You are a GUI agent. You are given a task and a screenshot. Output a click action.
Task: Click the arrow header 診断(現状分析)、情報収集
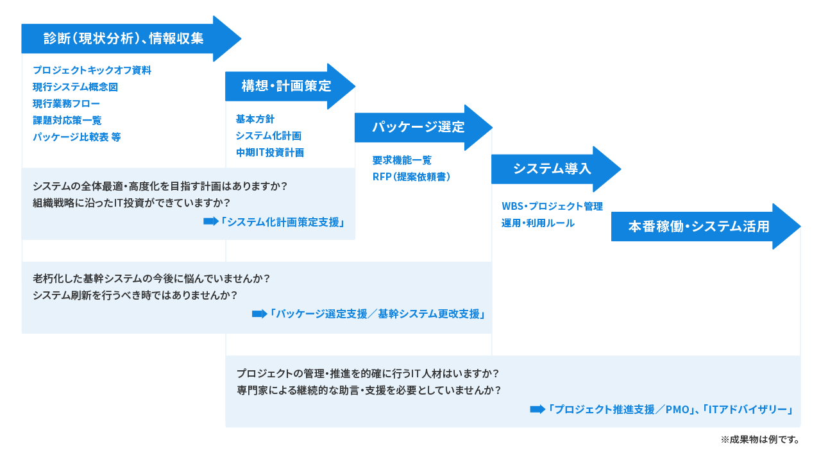coord(124,39)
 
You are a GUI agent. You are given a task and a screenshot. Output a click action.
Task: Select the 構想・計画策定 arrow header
coord(286,85)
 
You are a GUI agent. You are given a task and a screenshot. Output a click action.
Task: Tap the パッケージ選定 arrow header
coord(418,127)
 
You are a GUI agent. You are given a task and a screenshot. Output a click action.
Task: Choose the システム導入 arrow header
coord(552,169)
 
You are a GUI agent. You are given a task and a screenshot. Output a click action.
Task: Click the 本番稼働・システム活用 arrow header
coord(698,226)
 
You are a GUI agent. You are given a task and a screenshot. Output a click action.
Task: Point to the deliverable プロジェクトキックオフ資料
coord(92,70)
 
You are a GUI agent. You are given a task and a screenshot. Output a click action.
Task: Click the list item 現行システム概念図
coord(75,87)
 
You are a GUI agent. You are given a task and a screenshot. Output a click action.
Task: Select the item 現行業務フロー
coord(66,103)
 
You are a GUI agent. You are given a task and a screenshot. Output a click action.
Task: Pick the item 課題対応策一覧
coord(67,120)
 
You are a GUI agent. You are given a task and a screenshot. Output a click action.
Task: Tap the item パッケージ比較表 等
coord(76,137)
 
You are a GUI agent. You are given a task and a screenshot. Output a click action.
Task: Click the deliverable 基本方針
coord(255,119)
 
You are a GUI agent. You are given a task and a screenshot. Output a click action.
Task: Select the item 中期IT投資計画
coord(269,152)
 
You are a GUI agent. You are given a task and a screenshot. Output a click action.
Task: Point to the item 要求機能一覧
coord(402,160)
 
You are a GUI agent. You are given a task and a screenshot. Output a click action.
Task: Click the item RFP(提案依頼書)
coord(411,176)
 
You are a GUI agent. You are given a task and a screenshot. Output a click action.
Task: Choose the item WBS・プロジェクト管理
coord(552,206)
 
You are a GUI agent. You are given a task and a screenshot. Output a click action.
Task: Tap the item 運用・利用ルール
coord(537,223)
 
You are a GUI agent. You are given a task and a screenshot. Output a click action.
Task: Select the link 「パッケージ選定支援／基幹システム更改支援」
coord(377,314)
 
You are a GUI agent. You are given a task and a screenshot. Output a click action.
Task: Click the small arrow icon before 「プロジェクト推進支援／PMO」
coord(536,409)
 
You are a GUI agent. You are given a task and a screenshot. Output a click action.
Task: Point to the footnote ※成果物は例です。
coord(759,441)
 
